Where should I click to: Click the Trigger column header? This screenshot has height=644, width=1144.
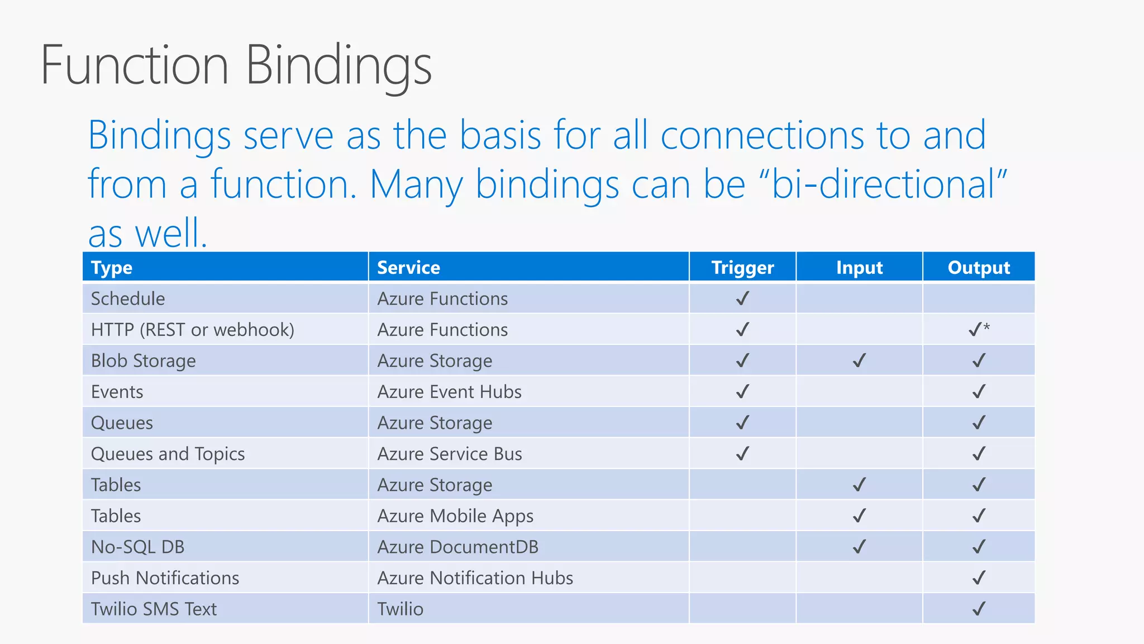click(742, 268)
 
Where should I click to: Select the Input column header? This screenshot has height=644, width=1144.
click(859, 268)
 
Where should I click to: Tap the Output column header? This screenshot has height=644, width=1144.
click(979, 268)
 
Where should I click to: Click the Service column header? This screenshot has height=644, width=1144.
click(408, 268)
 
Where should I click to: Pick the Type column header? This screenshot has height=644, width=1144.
click(112, 268)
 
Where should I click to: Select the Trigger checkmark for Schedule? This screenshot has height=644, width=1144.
click(742, 299)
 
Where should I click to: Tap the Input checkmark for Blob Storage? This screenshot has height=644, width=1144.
click(859, 361)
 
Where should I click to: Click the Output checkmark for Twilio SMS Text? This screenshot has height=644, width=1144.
click(979, 608)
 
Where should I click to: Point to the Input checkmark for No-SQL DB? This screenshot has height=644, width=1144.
click(859, 546)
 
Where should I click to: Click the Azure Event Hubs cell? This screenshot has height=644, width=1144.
click(449, 392)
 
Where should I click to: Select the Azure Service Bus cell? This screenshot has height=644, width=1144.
click(449, 454)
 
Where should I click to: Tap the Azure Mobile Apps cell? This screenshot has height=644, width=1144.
click(455, 516)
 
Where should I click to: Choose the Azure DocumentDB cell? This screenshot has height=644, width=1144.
click(457, 547)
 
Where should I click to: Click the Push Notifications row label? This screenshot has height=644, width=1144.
click(165, 578)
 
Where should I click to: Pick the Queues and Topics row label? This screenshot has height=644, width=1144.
click(168, 454)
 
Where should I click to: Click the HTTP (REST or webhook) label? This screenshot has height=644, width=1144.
click(192, 330)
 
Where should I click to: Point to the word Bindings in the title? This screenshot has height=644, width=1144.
click(339, 66)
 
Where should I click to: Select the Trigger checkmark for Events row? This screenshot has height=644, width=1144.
click(742, 391)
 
